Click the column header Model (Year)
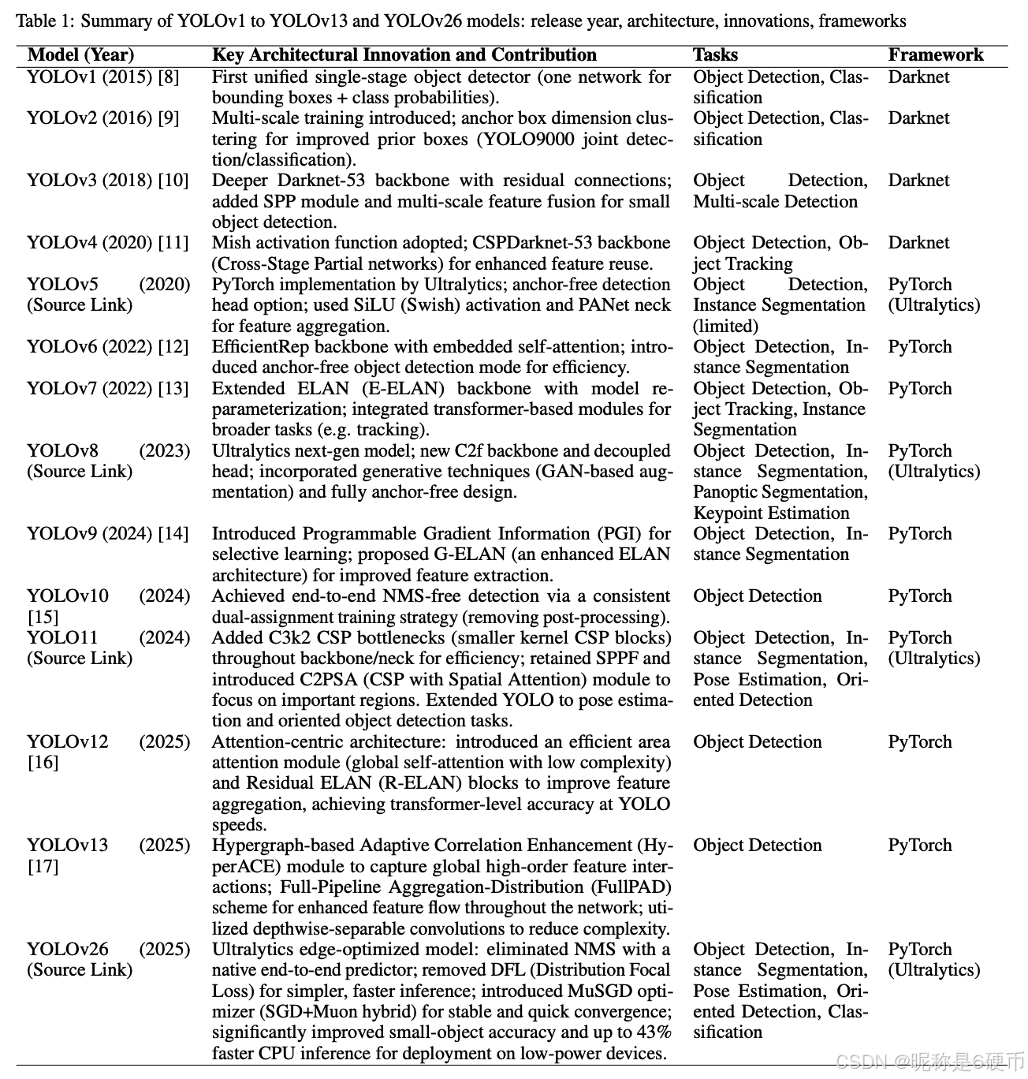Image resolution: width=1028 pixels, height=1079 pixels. [80, 55]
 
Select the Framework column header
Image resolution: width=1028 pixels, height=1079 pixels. [936, 55]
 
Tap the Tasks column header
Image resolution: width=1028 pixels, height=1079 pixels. [715, 55]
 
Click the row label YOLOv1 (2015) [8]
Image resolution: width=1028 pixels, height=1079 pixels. [103, 77]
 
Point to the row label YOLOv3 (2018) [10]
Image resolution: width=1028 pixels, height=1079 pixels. [108, 181]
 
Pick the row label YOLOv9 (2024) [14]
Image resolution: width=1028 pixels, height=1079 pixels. [108, 534]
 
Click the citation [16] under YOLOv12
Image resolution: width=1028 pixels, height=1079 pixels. [43, 763]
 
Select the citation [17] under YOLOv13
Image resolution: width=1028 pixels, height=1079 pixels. [43, 867]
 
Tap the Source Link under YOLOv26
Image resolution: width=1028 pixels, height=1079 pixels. [80, 970]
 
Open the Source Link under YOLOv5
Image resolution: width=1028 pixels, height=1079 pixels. [80, 305]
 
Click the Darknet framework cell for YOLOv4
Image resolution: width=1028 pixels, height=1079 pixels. [918, 243]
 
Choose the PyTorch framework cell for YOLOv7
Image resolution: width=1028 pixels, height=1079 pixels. [920, 389]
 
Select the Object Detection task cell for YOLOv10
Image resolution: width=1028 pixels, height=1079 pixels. [757, 596]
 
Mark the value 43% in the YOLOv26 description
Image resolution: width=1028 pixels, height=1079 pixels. [654, 1032]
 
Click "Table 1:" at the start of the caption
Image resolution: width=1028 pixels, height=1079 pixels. [44, 21]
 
